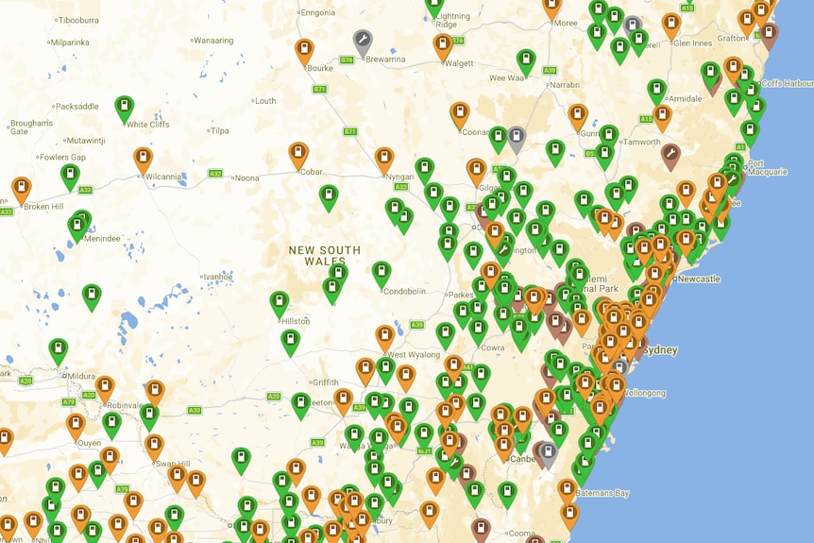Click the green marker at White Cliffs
click(x=125, y=108)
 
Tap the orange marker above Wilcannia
click(x=143, y=159)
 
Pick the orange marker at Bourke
click(x=304, y=50)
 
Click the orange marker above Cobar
click(x=298, y=154)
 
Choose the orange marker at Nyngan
click(x=384, y=159)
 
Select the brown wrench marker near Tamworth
click(x=670, y=154)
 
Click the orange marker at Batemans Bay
click(x=568, y=489)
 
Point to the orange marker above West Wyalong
click(x=384, y=336)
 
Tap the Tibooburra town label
click(x=78, y=19)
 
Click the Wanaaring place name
click(x=212, y=41)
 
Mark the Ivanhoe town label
click(x=217, y=276)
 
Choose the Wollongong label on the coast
click(x=644, y=393)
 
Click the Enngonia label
click(x=317, y=12)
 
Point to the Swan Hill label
click(x=173, y=464)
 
